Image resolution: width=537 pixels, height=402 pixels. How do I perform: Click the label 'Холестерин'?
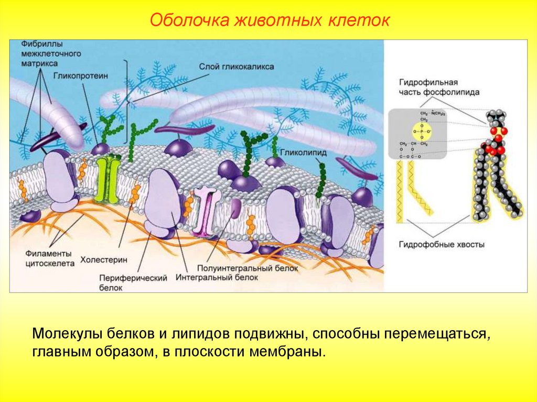tap(103, 259)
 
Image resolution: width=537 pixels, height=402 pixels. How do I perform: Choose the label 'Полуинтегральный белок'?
tap(248, 268)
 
